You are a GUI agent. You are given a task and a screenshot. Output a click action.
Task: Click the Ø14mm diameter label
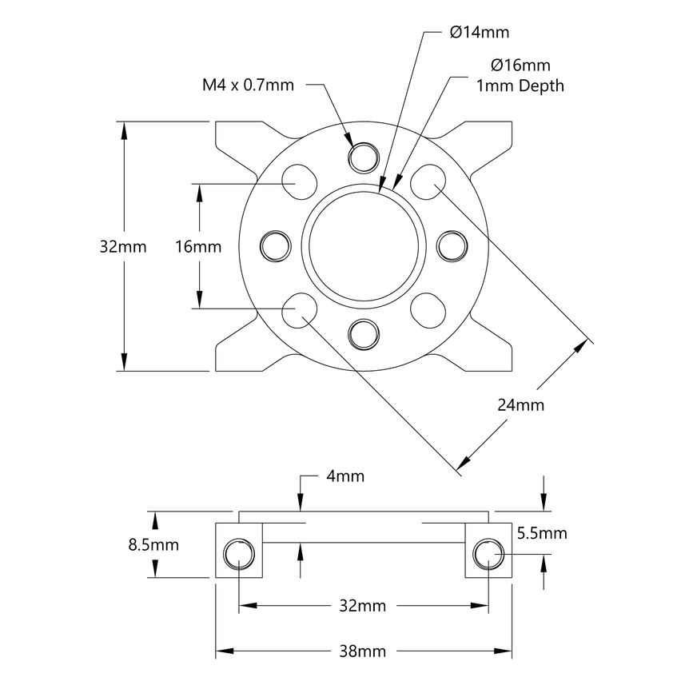[x=479, y=33]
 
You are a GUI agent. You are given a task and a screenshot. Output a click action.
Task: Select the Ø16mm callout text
[x=521, y=66]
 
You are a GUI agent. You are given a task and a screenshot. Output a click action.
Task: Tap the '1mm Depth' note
[x=520, y=86]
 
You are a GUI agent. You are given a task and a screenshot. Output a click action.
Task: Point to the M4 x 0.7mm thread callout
[x=248, y=85]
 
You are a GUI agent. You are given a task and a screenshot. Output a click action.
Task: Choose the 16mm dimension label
[x=197, y=247]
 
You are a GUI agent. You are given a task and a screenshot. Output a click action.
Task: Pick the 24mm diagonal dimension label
[x=520, y=405]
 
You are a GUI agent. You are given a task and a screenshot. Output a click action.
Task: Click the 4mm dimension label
[x=345, y=476]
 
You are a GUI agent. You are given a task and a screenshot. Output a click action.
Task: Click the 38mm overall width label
[x=363, y=651]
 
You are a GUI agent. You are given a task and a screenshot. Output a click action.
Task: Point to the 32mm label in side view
[x=363, y=606]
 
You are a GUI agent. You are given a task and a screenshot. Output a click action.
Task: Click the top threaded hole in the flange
[x=364, y=155]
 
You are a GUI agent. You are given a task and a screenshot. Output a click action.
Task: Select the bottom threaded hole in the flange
[x=364, y=333]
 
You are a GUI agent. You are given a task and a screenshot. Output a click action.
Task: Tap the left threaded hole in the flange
[x=275, y=245]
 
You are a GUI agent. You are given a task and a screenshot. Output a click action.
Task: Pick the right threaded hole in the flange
[x=452, y=245]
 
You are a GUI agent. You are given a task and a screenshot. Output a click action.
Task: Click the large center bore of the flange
[x=364, y=245]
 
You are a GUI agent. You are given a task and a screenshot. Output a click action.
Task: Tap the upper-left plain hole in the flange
[x=301, y=181]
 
